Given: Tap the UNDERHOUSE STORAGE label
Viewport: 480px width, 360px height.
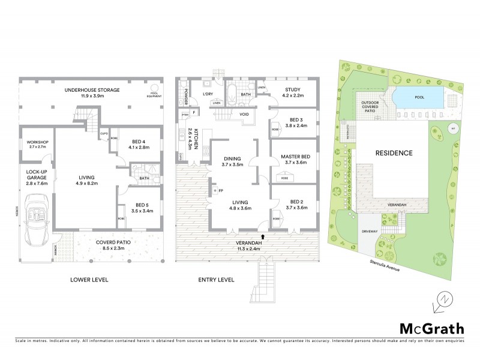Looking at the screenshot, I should pyautogui.click(x=92, y=90).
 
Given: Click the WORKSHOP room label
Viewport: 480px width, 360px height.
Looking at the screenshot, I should pyautogui.click(x=33, y=142).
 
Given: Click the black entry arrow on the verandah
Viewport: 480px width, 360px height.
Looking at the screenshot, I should pyautogui.click(x=262, y=237).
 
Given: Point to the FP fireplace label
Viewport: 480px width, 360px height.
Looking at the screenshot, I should pyautogui.click(x=220, y=191).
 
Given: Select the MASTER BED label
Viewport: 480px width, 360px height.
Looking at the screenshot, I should pyautogui.click(x=294, y=157).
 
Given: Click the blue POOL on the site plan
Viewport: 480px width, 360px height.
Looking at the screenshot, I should pyautogui.click(x=418, y=97).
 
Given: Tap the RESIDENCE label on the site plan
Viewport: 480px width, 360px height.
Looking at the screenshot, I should pyautogui.click(x=394, y=152).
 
